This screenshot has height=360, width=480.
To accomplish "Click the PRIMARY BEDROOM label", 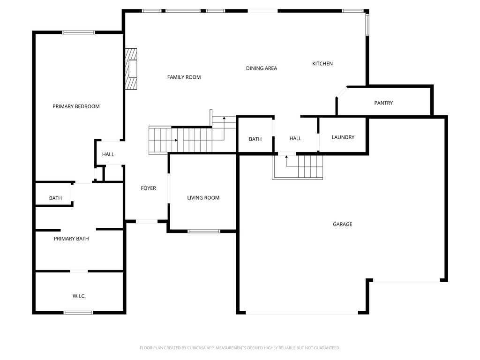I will point(76,106).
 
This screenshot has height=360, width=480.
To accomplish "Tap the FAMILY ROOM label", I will point(184,77).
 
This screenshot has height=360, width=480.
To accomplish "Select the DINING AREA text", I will point(261,68).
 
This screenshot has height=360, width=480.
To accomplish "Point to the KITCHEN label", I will point(322,63).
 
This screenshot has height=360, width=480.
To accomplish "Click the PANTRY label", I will point(383,103).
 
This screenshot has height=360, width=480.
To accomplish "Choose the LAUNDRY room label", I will point(343,137).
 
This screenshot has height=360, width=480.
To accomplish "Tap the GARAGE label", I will point(342,224).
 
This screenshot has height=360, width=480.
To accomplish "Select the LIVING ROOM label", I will point(203,198).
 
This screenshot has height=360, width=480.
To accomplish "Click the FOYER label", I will point(148,188).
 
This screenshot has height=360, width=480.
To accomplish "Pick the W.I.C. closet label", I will point(79,296).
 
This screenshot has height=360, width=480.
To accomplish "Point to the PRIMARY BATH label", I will point(71,239).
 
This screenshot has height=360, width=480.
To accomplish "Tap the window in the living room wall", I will point(203,231).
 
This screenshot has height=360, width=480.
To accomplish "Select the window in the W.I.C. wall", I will point(78,312).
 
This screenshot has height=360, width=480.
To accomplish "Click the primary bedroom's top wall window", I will point(78,32).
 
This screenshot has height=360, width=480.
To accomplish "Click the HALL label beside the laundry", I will point(295,138).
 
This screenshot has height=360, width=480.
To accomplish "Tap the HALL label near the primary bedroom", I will point(108,154).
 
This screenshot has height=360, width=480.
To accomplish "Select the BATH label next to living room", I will point(255,139).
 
